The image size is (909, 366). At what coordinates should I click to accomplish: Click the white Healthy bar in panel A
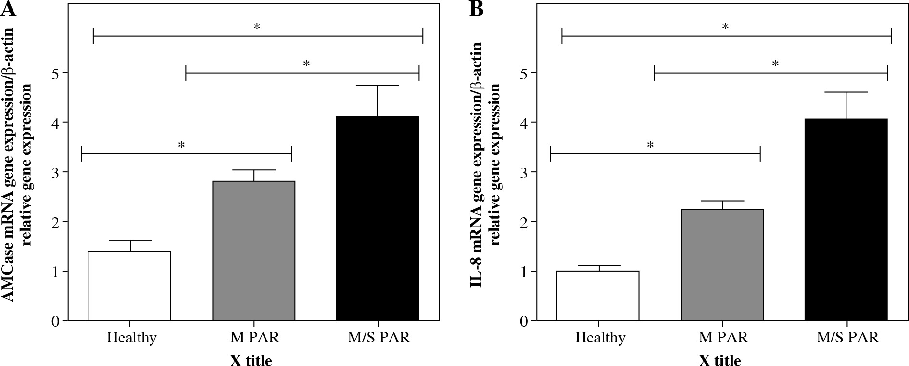pos(129,286)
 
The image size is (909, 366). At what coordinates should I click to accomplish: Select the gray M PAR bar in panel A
pos(253,251)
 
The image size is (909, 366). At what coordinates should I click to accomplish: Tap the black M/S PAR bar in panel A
pos(378,219)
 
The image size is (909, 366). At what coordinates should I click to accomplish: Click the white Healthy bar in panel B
pos(598,296)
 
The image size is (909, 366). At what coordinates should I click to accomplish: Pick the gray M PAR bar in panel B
pos(722,265)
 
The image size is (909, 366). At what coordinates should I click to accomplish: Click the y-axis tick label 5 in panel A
pos(56,73)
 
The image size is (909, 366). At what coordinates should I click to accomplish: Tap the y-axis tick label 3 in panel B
pos(525,172)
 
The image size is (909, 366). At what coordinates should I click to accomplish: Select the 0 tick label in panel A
pos(56,321)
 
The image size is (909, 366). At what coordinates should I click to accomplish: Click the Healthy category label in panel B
pos(600,338)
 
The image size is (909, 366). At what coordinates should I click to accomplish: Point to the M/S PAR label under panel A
pos(379,338)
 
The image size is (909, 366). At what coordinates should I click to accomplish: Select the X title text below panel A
pos(251,360)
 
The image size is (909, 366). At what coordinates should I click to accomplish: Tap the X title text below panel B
pos(720,360)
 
